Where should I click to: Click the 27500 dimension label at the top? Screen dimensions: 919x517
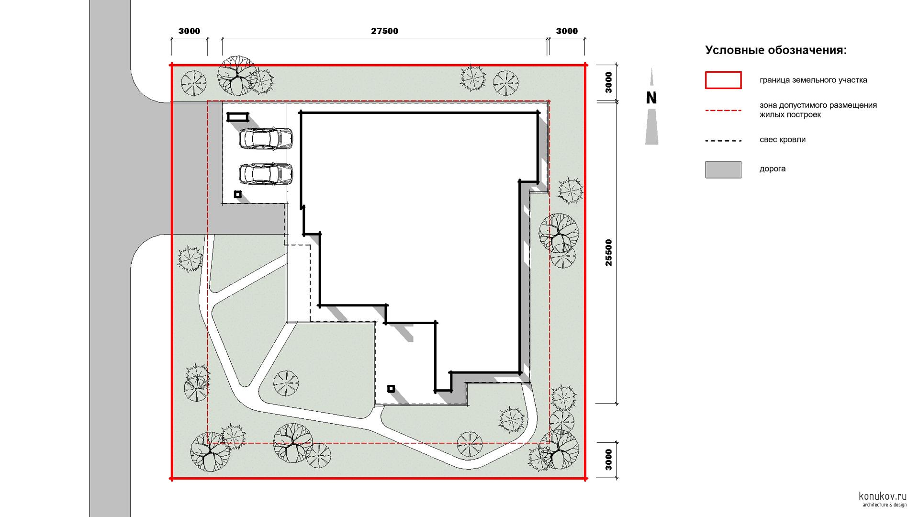click(384, 31)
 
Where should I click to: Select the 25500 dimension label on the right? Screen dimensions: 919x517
click(608, 252)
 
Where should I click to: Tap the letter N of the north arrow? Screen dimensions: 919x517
click(651, 98)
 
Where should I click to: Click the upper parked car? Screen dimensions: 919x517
click(266, 139)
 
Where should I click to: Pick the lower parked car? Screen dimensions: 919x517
click(266, 174)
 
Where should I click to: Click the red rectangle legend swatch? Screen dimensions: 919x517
click(723, 80)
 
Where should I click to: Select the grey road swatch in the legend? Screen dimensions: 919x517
click(723, 169)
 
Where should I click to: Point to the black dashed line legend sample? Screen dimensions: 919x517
click(723, 141)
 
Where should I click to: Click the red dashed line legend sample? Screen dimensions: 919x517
click(723, 111)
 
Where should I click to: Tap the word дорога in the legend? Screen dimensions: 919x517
click(773, 169)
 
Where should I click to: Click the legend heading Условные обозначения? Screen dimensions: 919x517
click(776, 50)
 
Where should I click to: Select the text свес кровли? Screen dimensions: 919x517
click(783, 140)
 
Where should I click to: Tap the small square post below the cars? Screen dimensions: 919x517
click(237, 194)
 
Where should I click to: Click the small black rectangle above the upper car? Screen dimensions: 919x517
click(238, 117)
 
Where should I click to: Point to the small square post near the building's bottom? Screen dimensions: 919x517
click(391, 389)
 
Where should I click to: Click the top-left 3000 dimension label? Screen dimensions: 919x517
click(190, 31)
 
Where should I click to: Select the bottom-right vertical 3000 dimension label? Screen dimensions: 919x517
click(608, 460)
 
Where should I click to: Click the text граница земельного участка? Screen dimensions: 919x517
click(813, 80)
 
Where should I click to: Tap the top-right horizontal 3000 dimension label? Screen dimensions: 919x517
click(567, 31)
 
